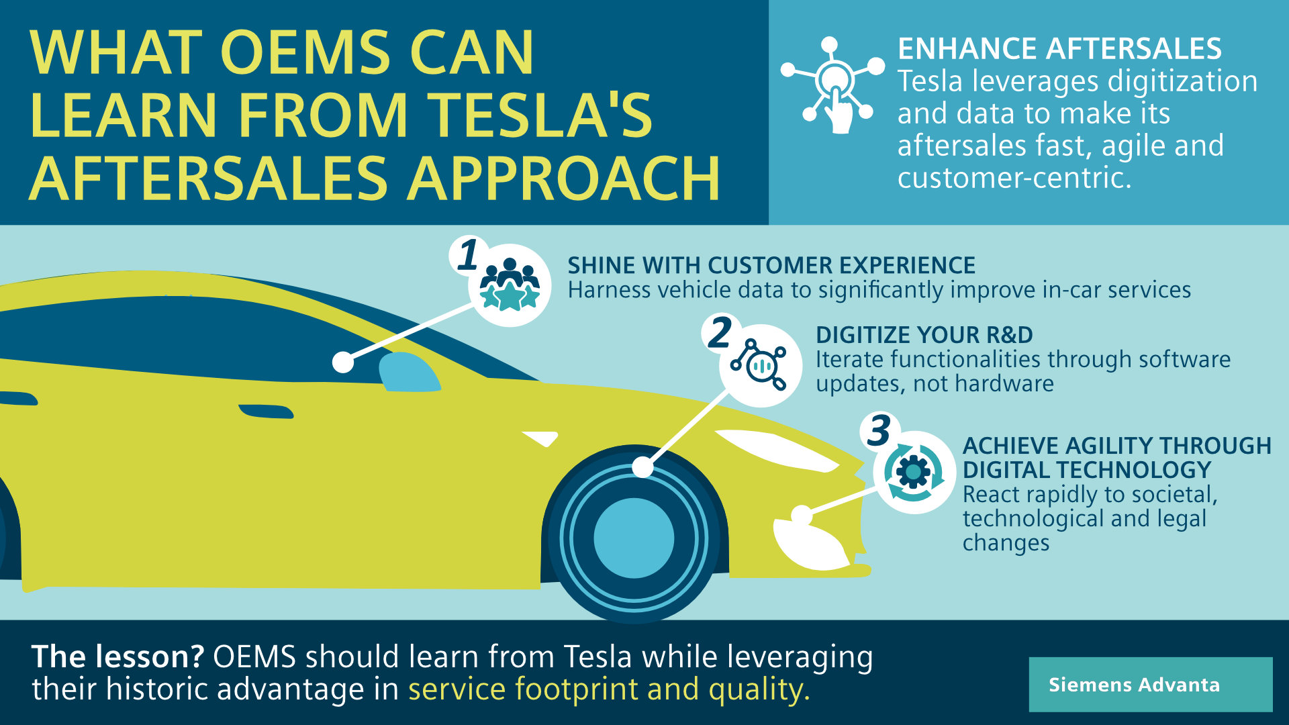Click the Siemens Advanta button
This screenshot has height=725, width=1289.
(x=1150, y=684)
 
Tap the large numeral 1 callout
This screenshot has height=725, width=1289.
(x=469, y=255)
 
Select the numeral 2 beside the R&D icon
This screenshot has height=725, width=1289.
(x=720, y=332)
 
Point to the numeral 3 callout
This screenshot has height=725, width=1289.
(x=879, y=430)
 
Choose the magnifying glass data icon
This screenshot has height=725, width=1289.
(x=759, y=365)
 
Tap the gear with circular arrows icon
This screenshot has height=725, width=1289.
(x=914, y=472)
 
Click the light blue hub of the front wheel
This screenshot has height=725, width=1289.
(x=634, y=538)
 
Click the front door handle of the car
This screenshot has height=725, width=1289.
(x=266, y=411)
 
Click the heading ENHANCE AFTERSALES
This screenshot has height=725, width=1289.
(x=1059, y=49)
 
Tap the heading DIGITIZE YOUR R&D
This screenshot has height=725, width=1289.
(x=924, y=335)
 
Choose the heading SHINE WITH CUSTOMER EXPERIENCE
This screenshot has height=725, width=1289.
(x=771, y=266)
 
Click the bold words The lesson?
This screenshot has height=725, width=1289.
(x=117, y=657)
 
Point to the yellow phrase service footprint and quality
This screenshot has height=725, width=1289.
(x=609, y=689)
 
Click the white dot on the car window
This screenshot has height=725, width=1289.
(x=343, y=362)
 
